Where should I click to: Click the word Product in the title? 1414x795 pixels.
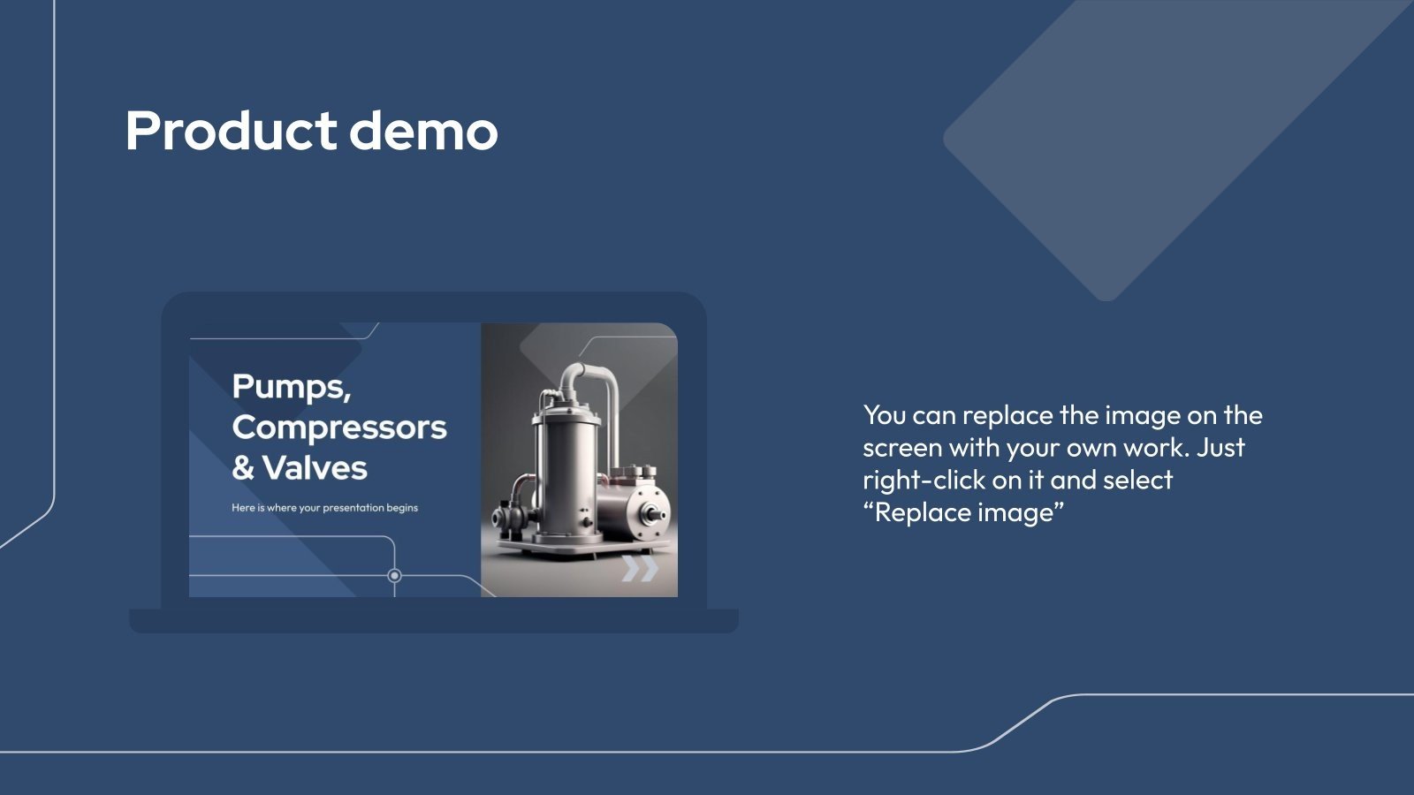pyautogui.click(x=231, y=131)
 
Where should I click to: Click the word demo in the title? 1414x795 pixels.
pyautogui.click(x=423, y=131)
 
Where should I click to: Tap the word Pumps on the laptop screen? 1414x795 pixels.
pyautogui.click(x=291, y=388)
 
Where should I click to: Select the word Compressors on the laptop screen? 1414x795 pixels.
pyautogui.click(x=339, y=428)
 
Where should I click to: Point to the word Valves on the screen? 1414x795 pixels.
pyautogui.click(x=315, y=467)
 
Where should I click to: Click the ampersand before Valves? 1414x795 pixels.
pyautogui.click(x=244, y=468)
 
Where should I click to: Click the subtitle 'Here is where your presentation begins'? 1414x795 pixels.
pyautogui.click(x=324, y=508)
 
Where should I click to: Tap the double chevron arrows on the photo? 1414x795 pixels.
pyautogui.click(x=640, y=569)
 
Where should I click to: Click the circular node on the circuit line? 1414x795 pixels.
pyautogui.click(x=394, y=575)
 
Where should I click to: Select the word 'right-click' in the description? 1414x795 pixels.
pyautogui.click(x=924, y=481)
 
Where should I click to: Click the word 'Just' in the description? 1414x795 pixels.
pyautogui.click(x=1220, y=447)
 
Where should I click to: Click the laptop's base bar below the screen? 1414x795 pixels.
pyautogui.click(x=434, y=621)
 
